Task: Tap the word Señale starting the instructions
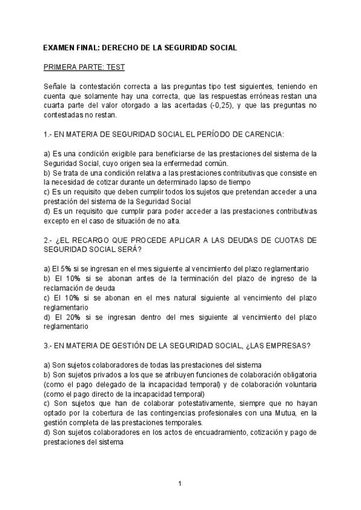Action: tap(57, 87)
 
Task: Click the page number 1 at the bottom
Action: tap(180, 483)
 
